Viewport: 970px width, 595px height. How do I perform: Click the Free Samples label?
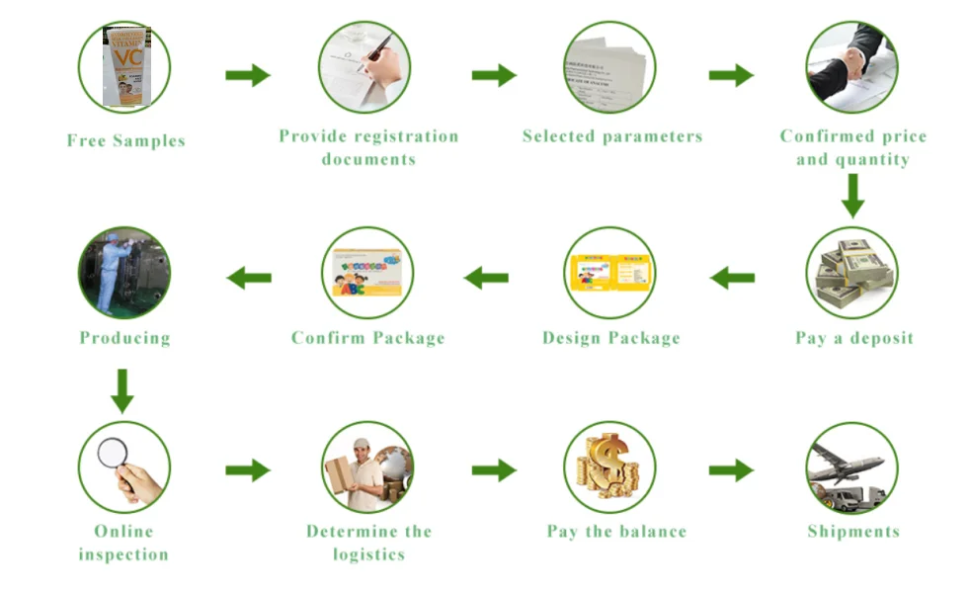pos(125,140)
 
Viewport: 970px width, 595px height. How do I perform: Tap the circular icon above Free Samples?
pos(124,67)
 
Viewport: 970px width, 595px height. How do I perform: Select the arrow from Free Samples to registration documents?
pos(247,75)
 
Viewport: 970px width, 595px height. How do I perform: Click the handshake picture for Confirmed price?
pos(851,67)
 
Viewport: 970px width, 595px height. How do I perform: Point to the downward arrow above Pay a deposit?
pos(851,196)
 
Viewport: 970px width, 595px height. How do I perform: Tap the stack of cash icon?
pos(851,273)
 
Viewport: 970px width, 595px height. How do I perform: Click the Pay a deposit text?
pos(853,338)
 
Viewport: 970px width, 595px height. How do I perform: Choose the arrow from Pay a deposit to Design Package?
pos(732,278)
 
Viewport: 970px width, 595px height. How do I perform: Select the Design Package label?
pos(610,338)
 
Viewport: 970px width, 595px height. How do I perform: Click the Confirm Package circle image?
pos(367,273)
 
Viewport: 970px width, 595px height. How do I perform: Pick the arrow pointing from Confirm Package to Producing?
pos(249,278)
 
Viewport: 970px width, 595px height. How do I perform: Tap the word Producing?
pos(124,338)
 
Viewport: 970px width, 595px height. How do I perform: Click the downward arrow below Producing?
pos(122,390)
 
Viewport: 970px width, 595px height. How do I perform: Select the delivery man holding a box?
pos(367,467)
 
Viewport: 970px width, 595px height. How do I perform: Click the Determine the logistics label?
pos(368,543)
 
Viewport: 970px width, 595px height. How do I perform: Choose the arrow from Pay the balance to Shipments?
pos(731,470)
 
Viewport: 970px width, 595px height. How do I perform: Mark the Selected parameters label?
pos(611,136)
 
